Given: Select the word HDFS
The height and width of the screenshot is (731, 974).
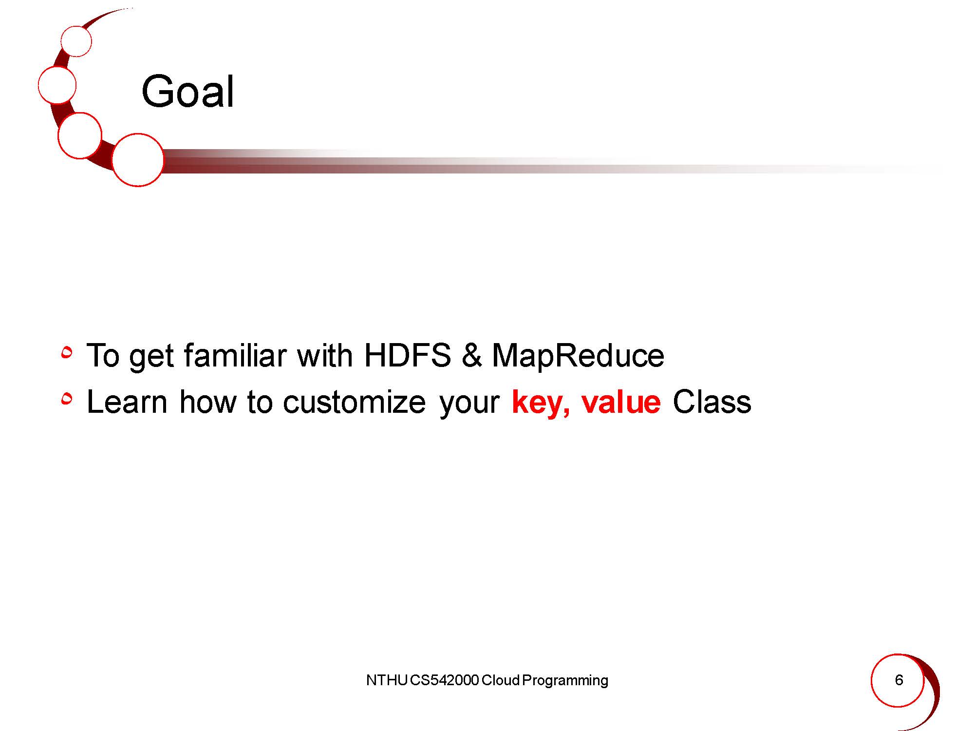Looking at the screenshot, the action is pos(407,355).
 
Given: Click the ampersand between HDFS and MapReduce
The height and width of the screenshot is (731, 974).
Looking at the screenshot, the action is pos(471,355).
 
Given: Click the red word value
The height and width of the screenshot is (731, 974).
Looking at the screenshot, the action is pos(621,402).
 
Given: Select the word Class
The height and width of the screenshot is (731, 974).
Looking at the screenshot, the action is pos(712,402).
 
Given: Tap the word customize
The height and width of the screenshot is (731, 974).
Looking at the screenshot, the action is pos(354,402).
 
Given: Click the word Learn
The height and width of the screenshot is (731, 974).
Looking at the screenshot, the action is pos(127,402).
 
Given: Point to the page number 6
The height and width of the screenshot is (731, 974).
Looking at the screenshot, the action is pos(899,680).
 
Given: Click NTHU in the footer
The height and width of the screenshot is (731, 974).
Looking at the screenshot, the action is pos(386,680).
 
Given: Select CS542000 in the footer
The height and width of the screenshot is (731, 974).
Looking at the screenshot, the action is pos(444,680).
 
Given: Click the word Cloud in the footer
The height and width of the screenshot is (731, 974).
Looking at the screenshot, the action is pos(500,680).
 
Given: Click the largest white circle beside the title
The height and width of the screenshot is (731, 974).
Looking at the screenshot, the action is pos(138,160).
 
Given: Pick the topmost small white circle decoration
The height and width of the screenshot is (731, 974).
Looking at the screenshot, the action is pos(76,41).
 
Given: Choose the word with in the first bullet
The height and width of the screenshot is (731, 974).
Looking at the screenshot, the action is pos(325,355).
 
